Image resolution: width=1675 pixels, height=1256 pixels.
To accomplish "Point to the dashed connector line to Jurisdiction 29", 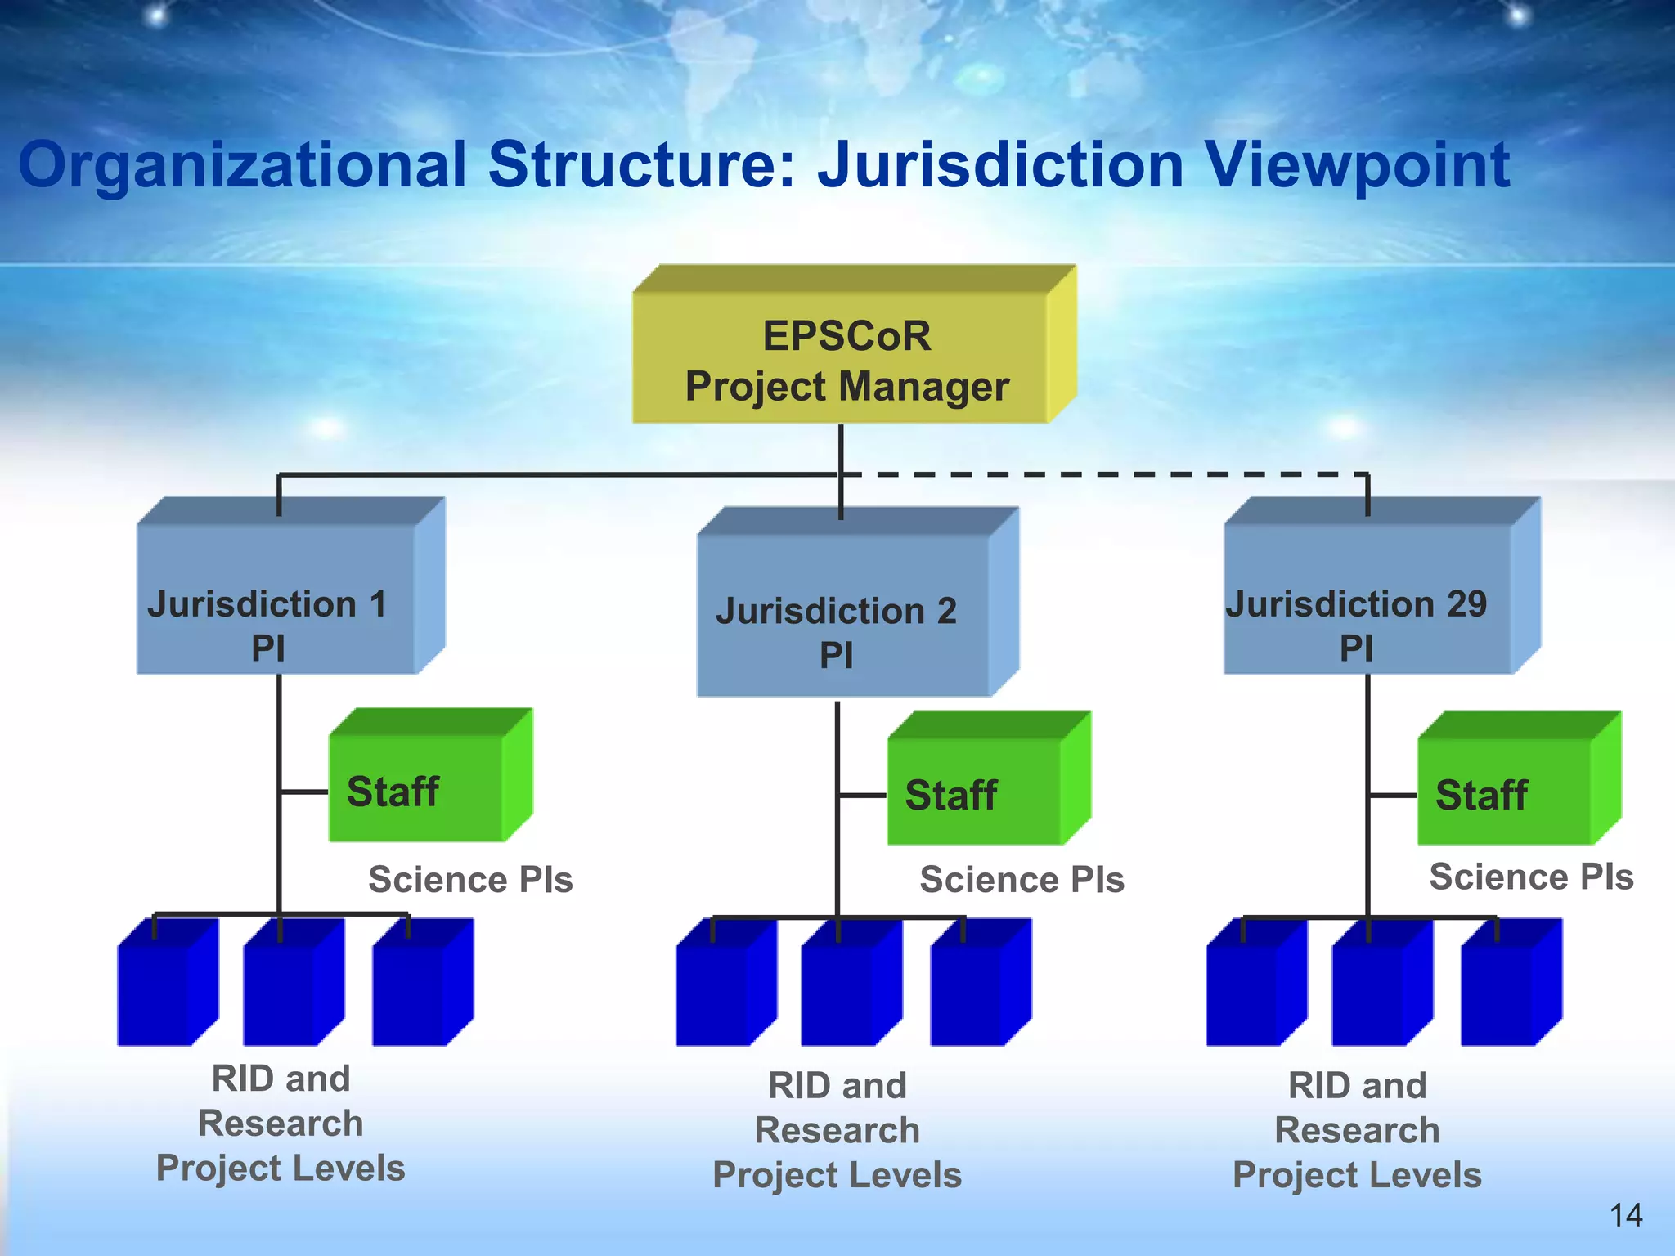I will coord(1104,474).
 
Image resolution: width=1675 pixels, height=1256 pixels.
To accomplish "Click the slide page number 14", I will coord(1625,1215).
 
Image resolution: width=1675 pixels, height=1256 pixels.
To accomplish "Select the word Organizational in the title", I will coord(242,166).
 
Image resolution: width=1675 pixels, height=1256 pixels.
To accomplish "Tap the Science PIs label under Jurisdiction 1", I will coord(470,880).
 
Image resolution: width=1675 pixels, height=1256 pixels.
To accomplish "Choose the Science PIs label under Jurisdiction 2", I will coord(1022,880).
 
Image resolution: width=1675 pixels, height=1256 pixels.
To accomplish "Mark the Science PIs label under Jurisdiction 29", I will coord(1530,877).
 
